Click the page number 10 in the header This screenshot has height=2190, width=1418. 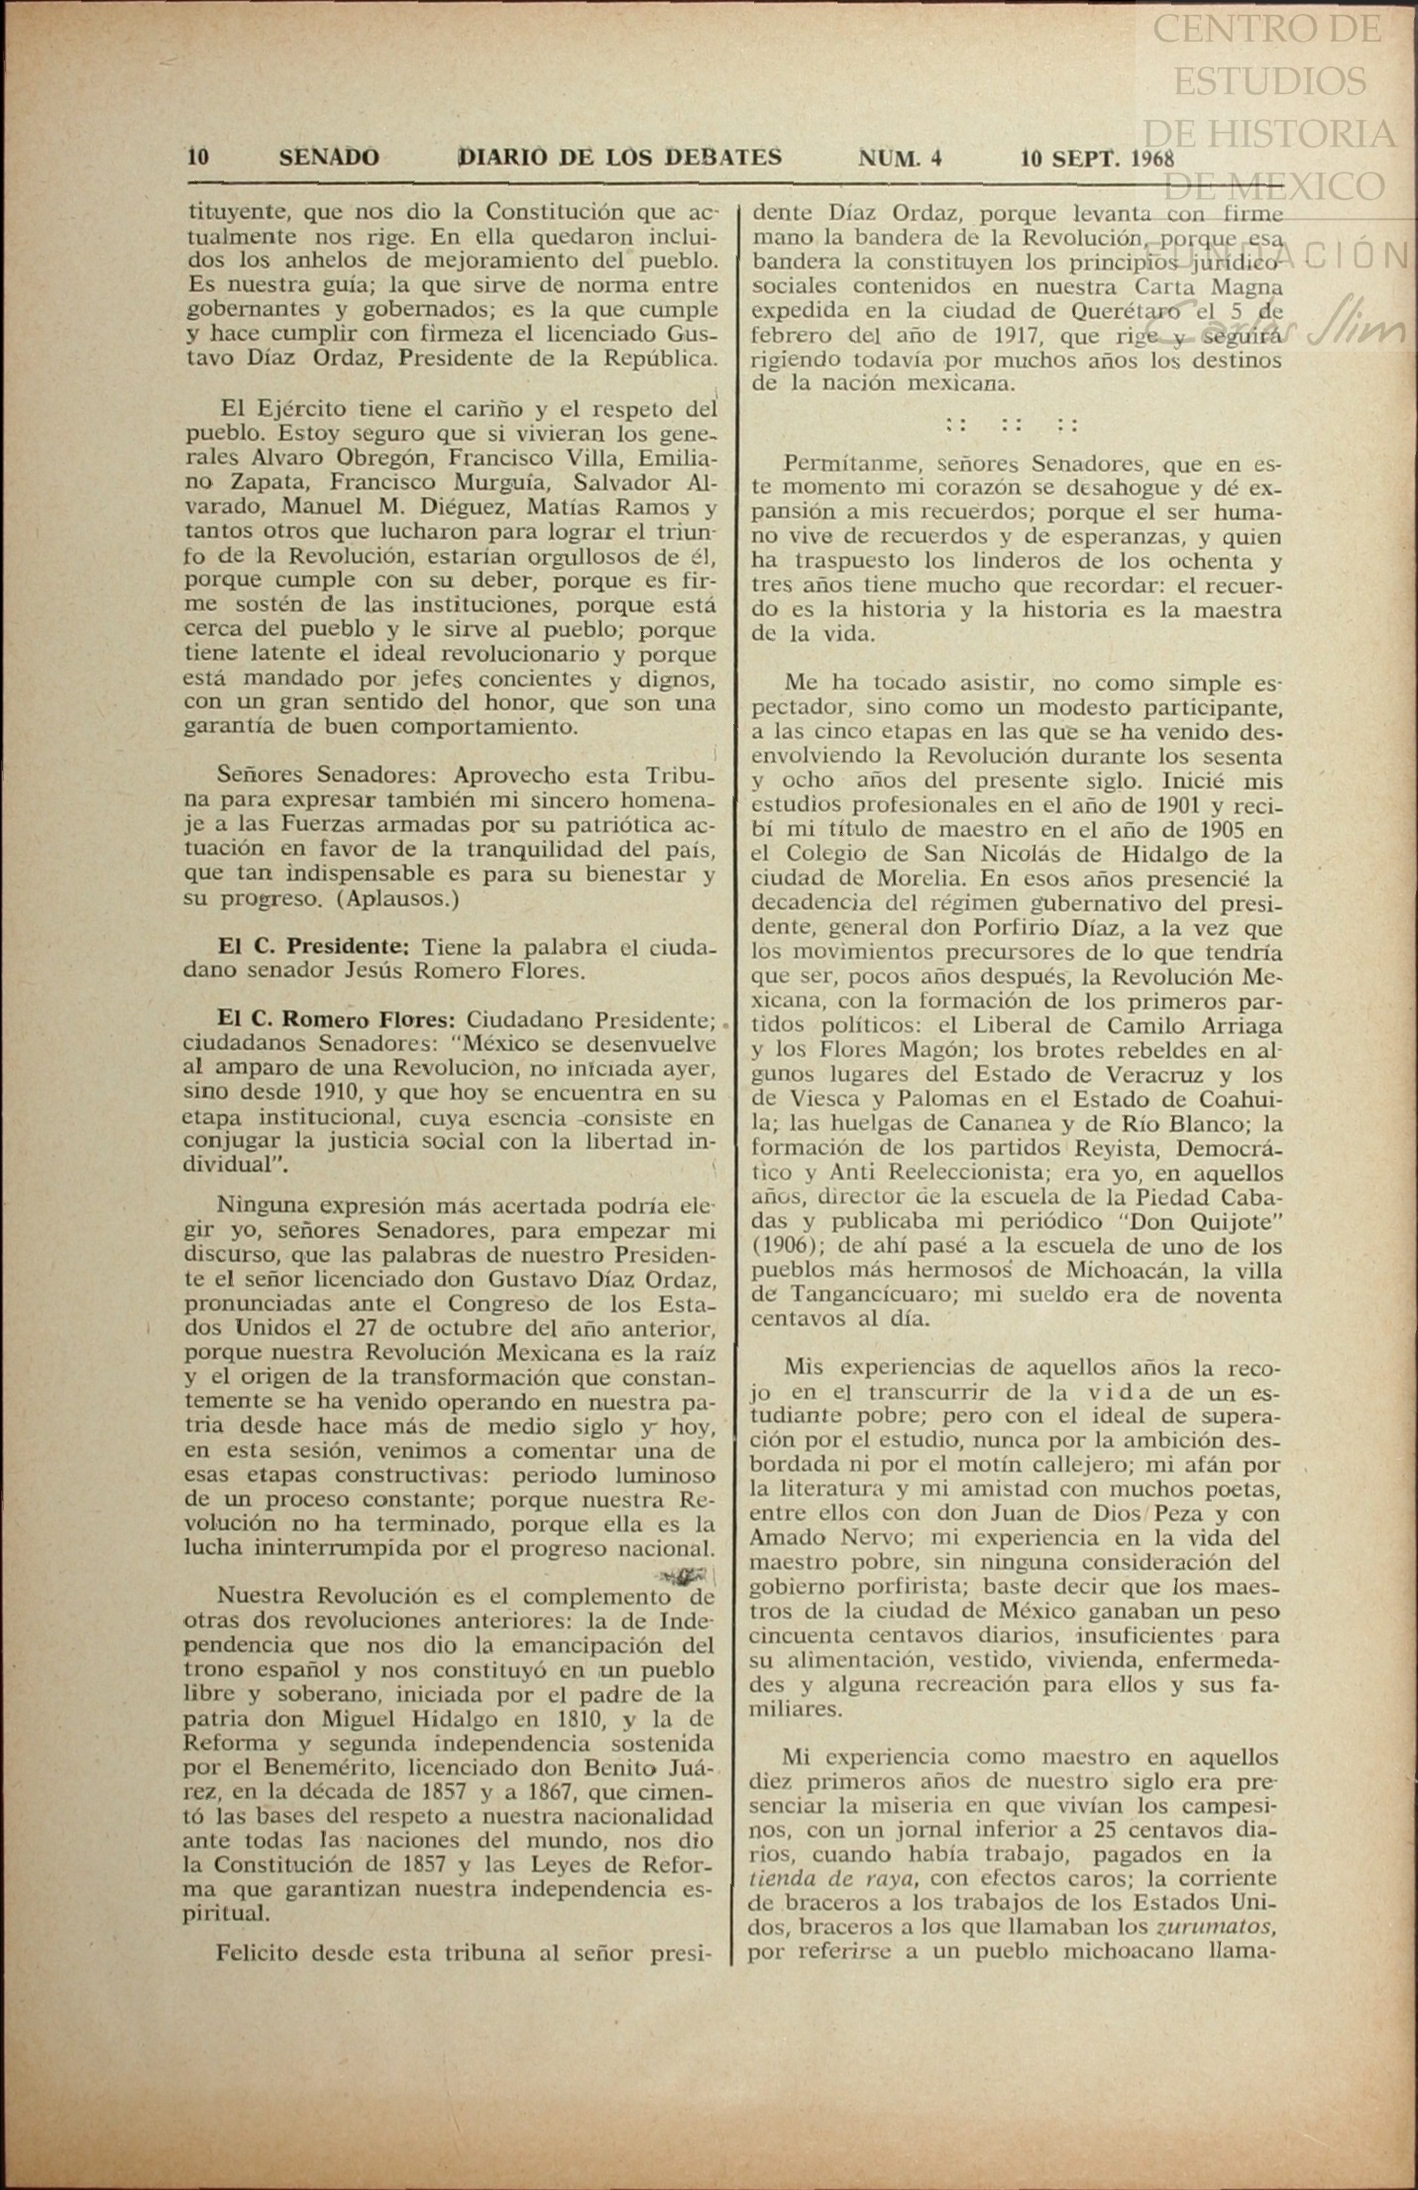(x=198, y=157)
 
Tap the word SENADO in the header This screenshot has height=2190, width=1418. (x=329, y=157)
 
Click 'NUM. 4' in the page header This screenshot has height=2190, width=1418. (x=900, y=158)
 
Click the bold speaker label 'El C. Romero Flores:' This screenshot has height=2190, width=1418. (x=336, y=1019)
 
